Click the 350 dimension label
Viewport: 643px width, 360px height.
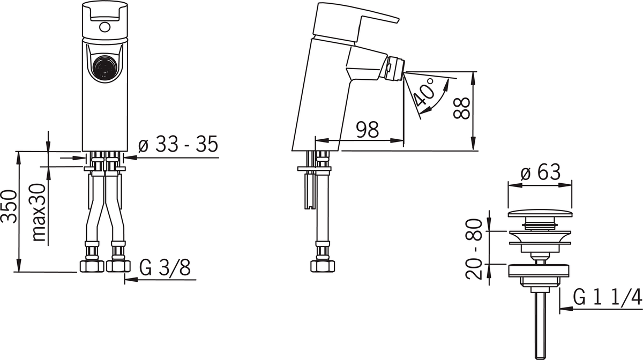(9, 206)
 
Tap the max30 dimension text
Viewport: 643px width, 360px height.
(39, 213)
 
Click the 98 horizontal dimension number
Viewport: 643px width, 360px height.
(368, 130)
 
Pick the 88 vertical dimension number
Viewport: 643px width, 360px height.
(461, 108)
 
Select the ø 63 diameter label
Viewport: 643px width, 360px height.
(540, 172)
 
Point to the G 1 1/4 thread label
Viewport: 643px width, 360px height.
(608, 297)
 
